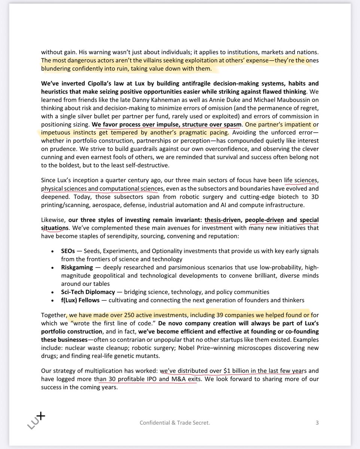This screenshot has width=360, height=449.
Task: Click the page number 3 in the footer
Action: [317, 423]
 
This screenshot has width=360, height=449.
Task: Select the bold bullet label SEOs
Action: [68, 251]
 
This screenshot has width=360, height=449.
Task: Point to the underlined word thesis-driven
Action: [219, 220]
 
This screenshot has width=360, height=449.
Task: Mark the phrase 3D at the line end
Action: [314, 197]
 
